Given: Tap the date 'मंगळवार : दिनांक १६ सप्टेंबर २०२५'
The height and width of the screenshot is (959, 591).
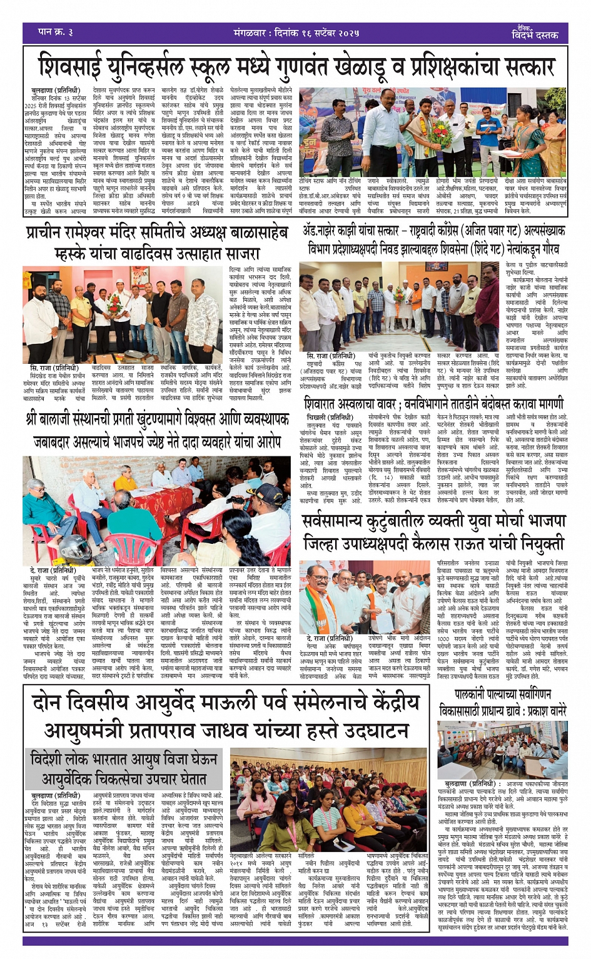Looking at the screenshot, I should pyautogui.click(x=288, y=32).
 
